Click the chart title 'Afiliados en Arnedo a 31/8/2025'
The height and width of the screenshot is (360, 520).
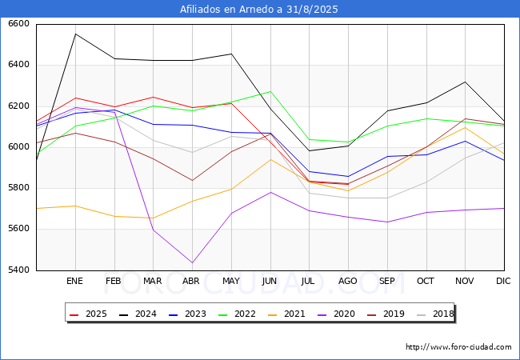[260, 10]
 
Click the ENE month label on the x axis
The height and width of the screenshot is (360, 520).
[74, 281]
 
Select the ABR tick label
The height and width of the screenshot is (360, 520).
[191, 281]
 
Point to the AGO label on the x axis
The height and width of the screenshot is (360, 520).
[348, 281]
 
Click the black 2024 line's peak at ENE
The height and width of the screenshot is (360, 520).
[74, 34]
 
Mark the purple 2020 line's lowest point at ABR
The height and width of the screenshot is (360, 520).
[191, 262]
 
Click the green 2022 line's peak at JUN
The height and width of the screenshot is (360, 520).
[270, 91]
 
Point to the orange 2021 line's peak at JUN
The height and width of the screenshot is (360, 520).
[270, 159]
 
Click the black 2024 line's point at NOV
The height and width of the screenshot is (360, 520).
[465, 82]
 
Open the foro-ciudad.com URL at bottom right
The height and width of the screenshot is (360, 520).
[458, 347]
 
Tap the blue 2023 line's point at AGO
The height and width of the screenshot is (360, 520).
[348, 176]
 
